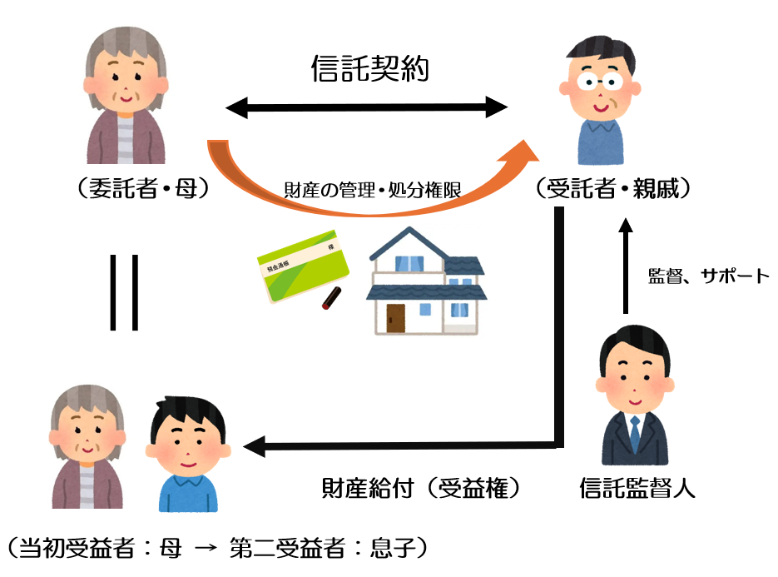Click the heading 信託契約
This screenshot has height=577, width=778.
(x=369, y=68)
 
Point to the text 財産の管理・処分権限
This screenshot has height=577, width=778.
(x=372, y=191)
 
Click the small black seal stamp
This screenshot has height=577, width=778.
(x=331, y=297)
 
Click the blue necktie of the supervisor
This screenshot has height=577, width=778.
(x=635, y=434)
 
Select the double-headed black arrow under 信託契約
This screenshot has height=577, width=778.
(x=367, y=107)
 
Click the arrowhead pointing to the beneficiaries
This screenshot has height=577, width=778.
(x=253, y=446)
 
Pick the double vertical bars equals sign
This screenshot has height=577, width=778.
(x=122, y=291)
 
